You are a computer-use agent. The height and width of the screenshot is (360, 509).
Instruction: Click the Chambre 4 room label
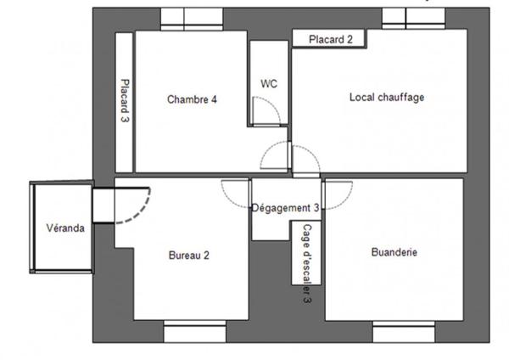coord(191,99)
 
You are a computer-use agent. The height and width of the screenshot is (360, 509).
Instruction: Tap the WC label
coord(269,83)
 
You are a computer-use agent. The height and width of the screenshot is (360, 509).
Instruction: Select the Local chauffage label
coord(386,97)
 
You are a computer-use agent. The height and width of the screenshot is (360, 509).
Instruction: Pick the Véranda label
coord(64,228)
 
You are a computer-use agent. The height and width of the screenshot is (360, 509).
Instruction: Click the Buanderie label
coord(394,252)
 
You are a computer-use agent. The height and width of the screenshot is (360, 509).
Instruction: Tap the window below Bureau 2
coord(194,332)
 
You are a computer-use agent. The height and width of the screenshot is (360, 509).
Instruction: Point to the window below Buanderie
coord(403,332)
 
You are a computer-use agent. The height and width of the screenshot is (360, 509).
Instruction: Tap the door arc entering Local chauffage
coord(305,159)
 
